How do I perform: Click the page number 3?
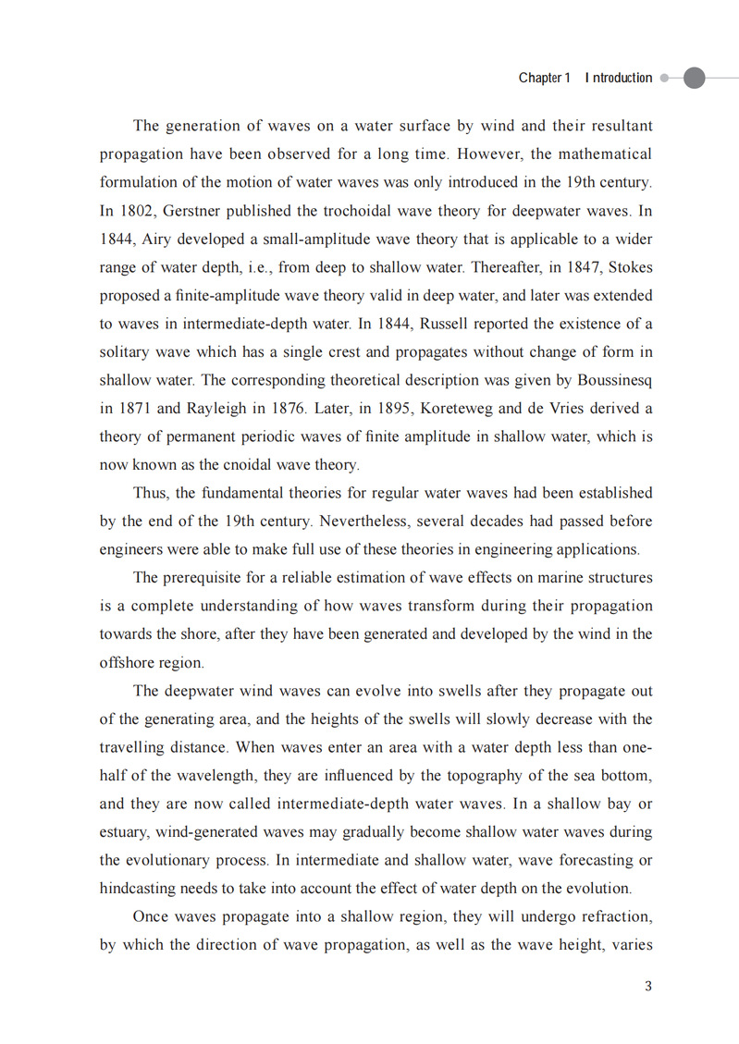pos(648,986)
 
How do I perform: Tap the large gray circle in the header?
pos(694,79)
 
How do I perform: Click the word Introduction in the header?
pos(619,79)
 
